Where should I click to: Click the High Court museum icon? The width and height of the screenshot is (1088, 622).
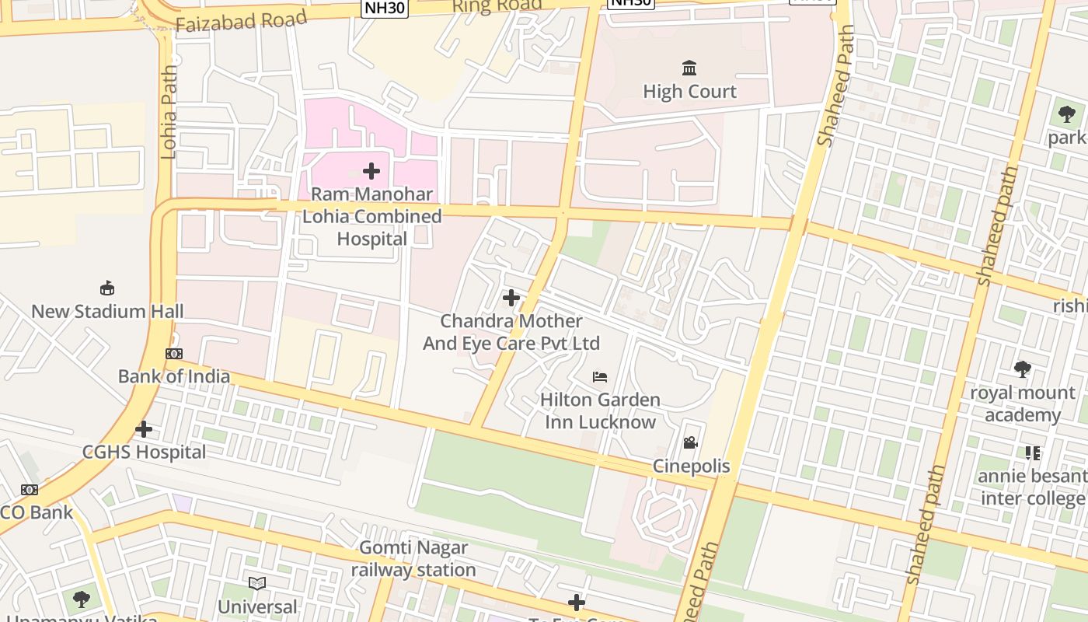(689, 68)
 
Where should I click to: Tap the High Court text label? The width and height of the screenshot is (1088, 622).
(689, 92)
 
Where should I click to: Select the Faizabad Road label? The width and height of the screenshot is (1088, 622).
(241, 22)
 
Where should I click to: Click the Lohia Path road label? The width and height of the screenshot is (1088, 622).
(169, 112)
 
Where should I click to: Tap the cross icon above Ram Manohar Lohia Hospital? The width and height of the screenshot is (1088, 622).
(371, 171)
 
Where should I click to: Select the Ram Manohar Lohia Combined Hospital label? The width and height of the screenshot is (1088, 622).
(371, 216)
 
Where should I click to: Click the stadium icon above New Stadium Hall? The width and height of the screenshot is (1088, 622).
(107, 288)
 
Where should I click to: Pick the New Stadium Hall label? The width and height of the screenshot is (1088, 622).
(107, 312)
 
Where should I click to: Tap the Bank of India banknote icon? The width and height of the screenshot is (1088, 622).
(174, 354)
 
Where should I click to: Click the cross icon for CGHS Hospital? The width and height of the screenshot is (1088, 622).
(144, 429)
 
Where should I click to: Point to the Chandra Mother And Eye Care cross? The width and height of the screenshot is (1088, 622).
(511, 298)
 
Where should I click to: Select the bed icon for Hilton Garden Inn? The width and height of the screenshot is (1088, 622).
(600, 377)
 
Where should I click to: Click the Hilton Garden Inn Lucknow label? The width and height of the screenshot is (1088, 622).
(600, 411)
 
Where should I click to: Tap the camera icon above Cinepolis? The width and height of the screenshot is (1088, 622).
(690, 443)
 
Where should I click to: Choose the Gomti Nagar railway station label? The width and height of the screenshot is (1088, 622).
(413, 558)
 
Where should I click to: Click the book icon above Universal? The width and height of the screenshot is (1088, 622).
(257, 583)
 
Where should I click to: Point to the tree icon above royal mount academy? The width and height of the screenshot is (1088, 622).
(1023, 369)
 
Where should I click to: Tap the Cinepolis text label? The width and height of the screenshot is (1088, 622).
(691, 466)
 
